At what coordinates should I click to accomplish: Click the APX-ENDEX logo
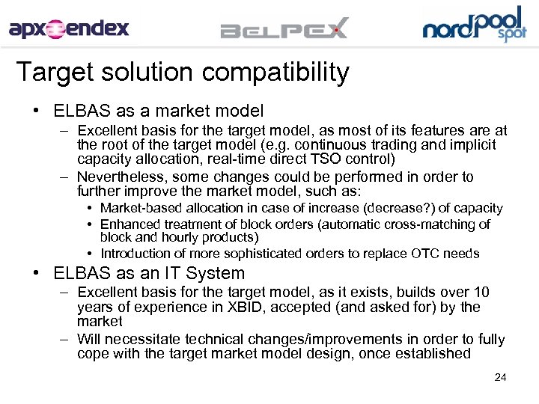[69, 29]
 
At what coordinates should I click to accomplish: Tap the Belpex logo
[284, 29]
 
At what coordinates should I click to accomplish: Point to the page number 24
[500, 377]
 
